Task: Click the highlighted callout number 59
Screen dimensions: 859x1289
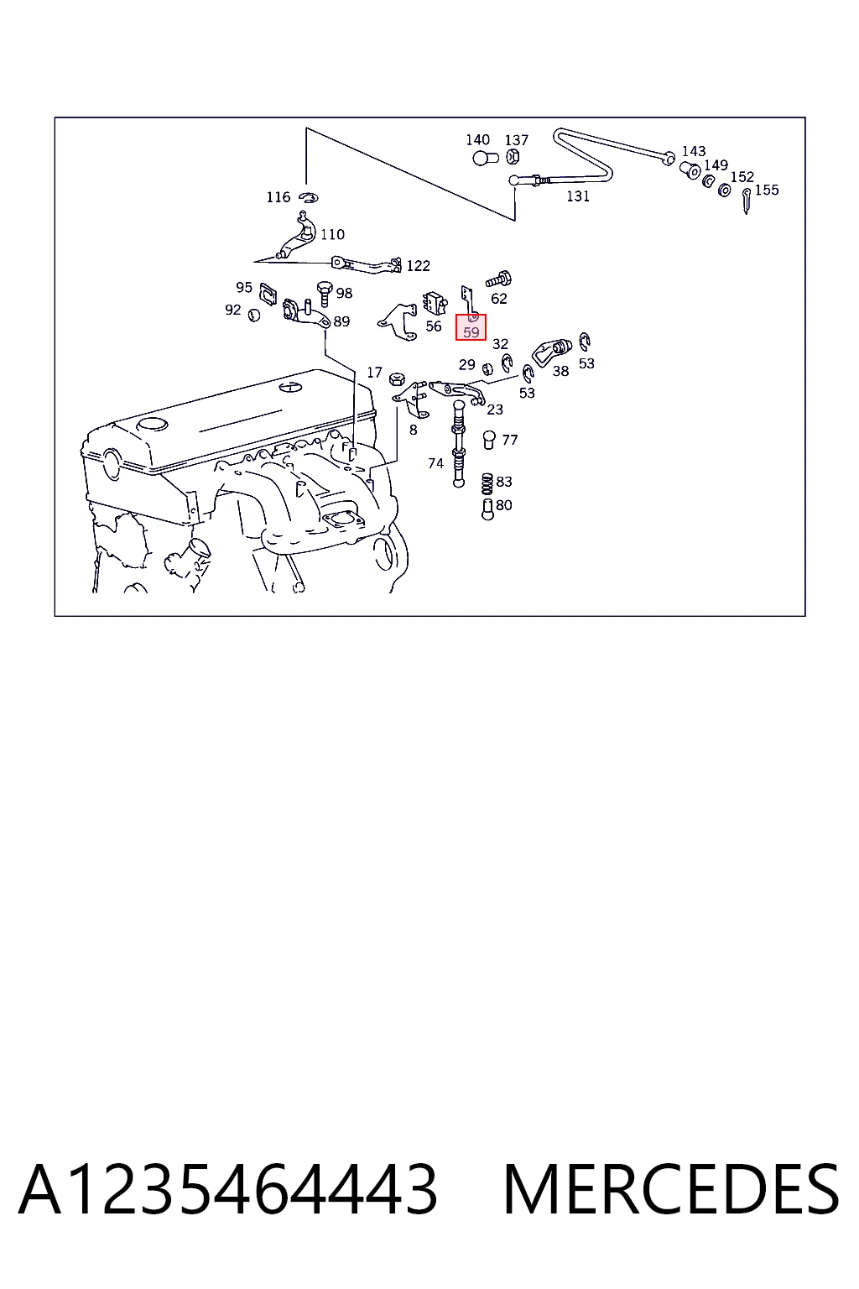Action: pos(471,332)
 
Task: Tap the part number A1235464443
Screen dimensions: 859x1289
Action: pos(228,1189)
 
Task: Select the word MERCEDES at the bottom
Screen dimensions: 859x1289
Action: pos(671,1189)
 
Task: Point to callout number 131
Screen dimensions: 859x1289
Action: pos(578,196)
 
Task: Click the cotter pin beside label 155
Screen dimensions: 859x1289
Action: pos(747,201)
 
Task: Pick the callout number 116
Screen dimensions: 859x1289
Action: pos(278,197)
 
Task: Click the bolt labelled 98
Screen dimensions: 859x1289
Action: pos(325,294)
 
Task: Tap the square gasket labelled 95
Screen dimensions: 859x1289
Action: pos(268,294)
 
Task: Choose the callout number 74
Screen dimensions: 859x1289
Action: pos(435,463)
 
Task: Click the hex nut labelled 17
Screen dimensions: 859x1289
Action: pos(397,379)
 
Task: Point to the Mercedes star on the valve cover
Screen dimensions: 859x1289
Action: pos(290,387)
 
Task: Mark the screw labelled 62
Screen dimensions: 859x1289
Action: pos(499,279)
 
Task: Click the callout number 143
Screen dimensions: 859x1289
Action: pos(693,151)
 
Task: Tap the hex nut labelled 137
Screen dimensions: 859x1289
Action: pos(513,156)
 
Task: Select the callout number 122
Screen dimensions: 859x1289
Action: pos(418,265)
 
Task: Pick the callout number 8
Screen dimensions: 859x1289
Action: pos(413,430)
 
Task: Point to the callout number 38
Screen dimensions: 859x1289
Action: pos(560,371)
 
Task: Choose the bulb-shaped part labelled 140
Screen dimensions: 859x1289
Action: pos(485,158)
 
